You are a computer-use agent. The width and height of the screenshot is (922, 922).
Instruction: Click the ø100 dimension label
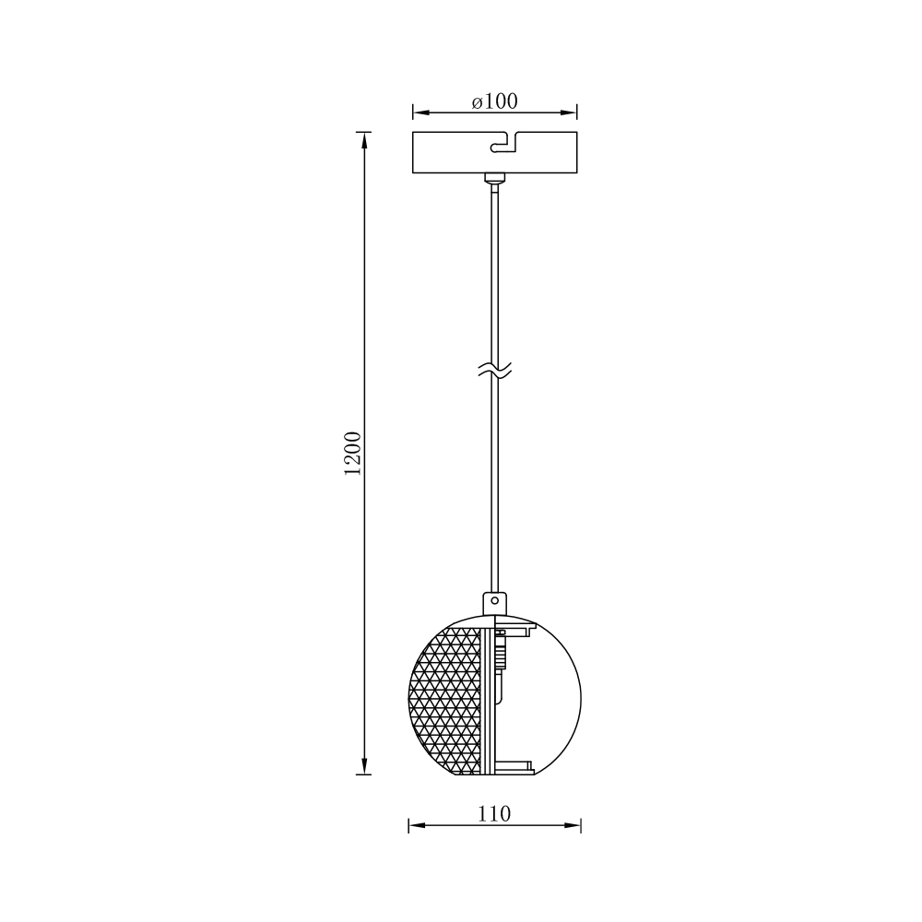click(x=494, y=101)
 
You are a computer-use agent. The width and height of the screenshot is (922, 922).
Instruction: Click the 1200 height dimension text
click(x=353, y=454)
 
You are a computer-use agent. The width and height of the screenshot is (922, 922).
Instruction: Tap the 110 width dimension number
click(x=494, y=814)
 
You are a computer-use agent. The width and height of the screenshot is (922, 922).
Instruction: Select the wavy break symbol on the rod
click(x=494, y=370)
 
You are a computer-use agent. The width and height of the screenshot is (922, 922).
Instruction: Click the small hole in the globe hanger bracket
click(x=495, y=601)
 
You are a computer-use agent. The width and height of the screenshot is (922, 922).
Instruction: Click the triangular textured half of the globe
click(x=445, y=701)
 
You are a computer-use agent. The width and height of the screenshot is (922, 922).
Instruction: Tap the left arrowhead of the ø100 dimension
click(x=420, y=112)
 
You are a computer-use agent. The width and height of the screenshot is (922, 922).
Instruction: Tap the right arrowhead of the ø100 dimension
click(x=569, y=112)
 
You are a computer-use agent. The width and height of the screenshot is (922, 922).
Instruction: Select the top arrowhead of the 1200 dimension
click(x=364, y=140)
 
